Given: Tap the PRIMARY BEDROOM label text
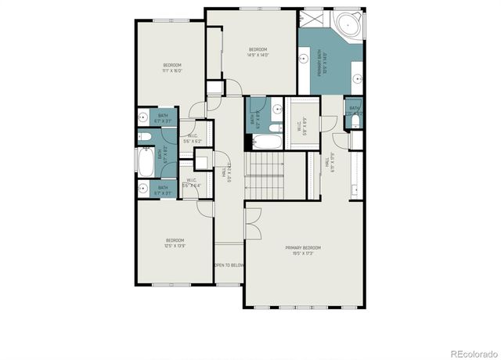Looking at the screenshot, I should [x=303, y=250].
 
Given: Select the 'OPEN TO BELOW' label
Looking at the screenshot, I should [x=230, y=265].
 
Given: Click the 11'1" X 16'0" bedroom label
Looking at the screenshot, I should [x=172, y=67].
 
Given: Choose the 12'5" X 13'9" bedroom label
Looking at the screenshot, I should [x=174, y=243].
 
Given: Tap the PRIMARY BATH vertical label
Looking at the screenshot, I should [x=321, y=63].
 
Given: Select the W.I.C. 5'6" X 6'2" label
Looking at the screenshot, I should [x=192, y=138].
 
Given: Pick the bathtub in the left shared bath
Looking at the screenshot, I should [x=146, y=162].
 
